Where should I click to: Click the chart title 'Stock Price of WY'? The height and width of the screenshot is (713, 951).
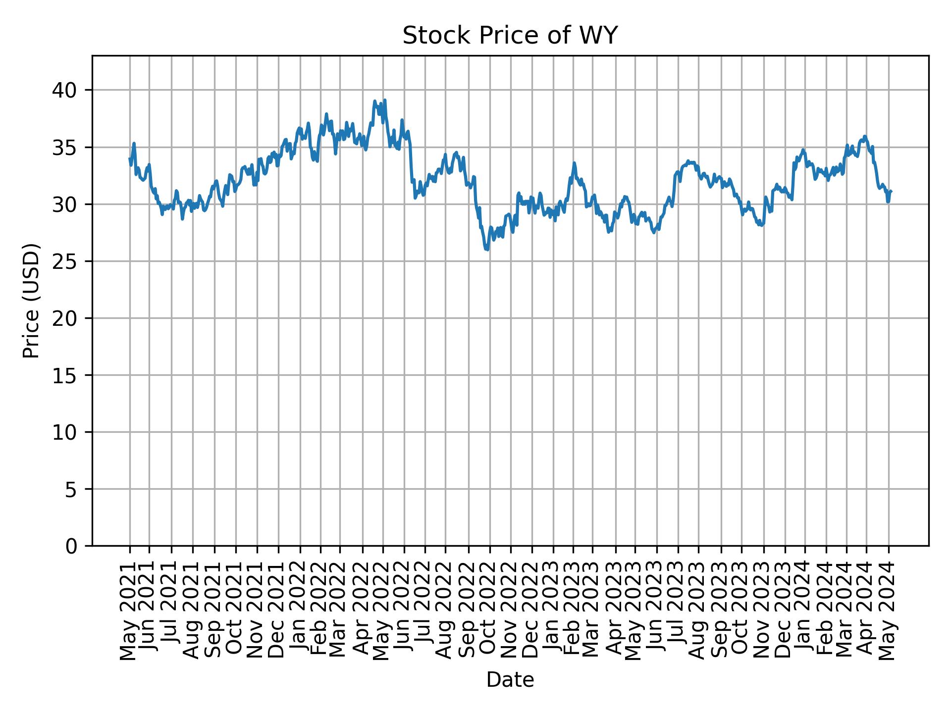click(510, 36)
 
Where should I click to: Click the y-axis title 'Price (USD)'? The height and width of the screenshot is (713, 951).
click(31, 301)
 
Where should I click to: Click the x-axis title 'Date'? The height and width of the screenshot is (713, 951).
click(510, 680)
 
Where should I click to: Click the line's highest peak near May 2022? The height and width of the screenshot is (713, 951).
click(385, 100)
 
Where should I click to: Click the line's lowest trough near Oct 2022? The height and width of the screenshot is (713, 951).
click(487, 250)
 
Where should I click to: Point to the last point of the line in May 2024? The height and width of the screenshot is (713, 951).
click(891, 191)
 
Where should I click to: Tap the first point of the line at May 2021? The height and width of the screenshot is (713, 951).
click(130, 158)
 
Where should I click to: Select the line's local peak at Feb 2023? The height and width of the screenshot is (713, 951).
click(574, 162)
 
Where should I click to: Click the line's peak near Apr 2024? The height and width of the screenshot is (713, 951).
click(865, 136)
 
